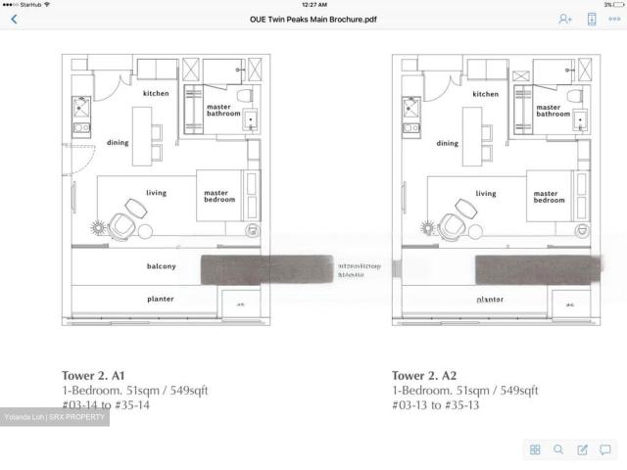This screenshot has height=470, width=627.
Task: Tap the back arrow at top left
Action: (13, 19)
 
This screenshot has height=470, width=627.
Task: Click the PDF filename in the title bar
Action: (313, 19)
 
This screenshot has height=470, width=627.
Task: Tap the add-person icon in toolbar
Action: (565, 19)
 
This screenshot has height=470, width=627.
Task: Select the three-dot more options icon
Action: (614, 19)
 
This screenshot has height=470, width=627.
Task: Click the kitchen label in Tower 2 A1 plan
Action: (156, 93)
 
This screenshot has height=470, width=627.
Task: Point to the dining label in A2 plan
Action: (448, 143)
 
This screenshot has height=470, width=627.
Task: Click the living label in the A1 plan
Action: (156, 193)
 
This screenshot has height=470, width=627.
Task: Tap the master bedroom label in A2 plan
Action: (549, 197)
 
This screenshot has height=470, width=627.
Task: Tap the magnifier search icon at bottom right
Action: (558, 449)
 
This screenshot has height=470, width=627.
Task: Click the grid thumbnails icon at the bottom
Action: (535, 449)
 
